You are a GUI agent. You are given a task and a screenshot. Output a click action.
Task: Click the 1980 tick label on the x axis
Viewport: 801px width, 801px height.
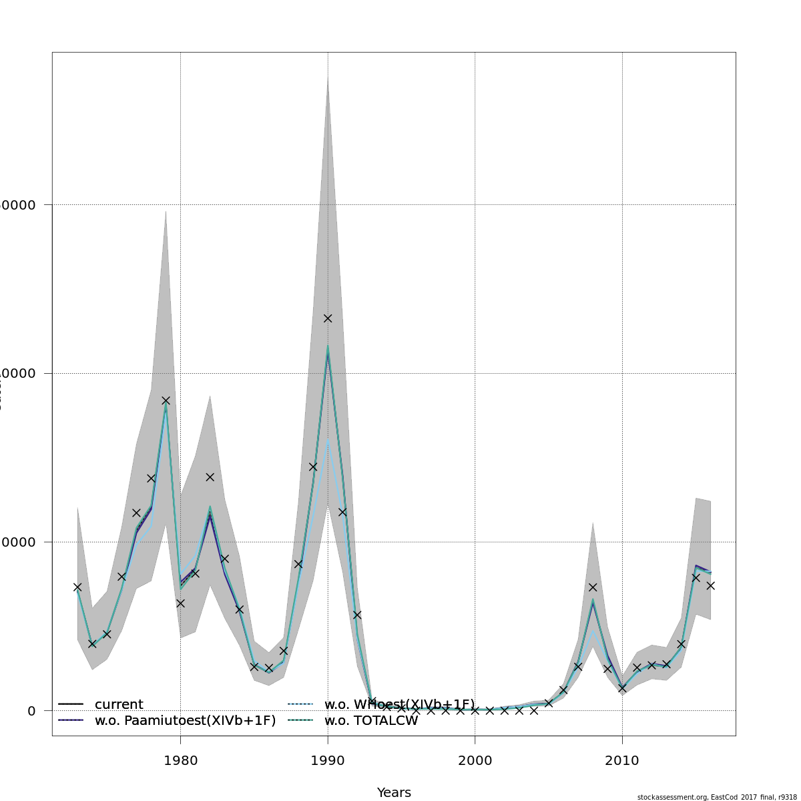click(180, 760)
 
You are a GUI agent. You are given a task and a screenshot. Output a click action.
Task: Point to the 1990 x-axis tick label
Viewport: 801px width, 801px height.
click(328, 760)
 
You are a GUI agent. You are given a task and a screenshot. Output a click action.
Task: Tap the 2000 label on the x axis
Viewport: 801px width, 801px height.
click(475, 760)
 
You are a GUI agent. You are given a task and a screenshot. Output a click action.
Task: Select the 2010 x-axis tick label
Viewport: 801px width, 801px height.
click(622, 760)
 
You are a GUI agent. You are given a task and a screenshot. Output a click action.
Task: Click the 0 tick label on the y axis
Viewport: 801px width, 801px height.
click(31, 711)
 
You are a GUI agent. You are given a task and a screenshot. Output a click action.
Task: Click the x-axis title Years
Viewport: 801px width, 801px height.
click(394, 792)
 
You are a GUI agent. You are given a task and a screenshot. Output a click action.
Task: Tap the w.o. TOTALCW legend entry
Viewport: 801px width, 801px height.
click(370, 720)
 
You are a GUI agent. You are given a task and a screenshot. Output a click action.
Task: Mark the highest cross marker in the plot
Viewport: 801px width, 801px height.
click(328, 318)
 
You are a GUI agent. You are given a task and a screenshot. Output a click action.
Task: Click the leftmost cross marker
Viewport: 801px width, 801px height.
click(77, 587)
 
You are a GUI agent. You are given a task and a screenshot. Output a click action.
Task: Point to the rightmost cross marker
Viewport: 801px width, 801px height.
click(710, 585)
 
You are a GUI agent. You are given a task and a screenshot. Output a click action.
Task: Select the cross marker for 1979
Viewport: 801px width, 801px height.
click(166, 400)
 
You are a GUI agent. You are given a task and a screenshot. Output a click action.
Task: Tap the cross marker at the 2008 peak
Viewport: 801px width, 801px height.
click(593, 587)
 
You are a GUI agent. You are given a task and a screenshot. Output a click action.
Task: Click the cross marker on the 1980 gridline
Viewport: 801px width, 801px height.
click(180, 603)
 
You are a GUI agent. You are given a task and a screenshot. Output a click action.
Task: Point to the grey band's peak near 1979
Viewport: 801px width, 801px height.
click(166, 211)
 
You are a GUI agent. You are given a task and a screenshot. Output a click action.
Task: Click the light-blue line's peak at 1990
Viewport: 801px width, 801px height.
click(328, 441)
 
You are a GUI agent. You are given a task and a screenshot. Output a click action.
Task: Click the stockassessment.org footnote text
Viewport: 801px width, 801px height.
click(716, 797)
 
